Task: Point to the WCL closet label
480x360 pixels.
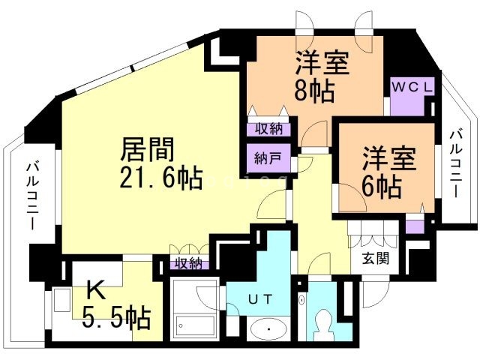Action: click(x=412, y=87)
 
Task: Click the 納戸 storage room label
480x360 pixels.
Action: click(x=265, y=159)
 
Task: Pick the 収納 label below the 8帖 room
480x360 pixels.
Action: click(x=265, y=129)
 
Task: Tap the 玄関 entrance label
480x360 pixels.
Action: click(x=376, y=259)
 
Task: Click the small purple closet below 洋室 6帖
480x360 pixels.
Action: click(x=414, y=223)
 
